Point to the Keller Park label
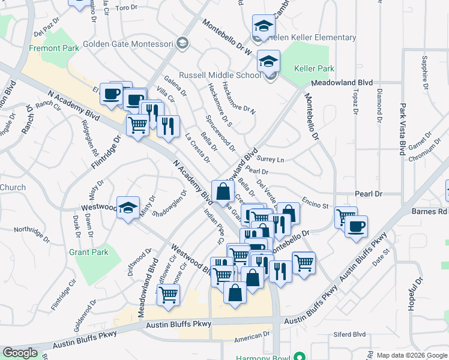click(x=315, y=69)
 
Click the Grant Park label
click(x=89, y=252)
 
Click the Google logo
click(x=20, y=353)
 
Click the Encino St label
click(x=316, y=205)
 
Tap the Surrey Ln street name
click(x=270, y=160)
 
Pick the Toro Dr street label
click(x=126, y=8)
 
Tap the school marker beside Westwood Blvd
click(x=128, y=207)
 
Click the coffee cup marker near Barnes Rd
click(x=357, y=226)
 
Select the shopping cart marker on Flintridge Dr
click(x=138, y=125)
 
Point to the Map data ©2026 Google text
click(x=412, y=355)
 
